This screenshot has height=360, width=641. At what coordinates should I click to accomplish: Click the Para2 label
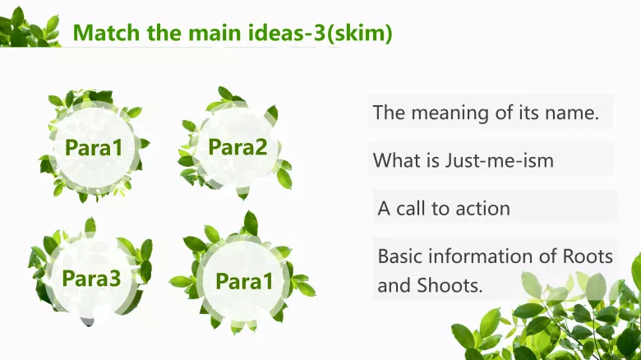pyautogui.click(x=237, y=147)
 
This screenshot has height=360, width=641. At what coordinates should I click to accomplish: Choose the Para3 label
pyautogui.click(x=91, y=278)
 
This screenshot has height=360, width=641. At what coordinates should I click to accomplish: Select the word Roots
pyautogui.click(x=587, y=256)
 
